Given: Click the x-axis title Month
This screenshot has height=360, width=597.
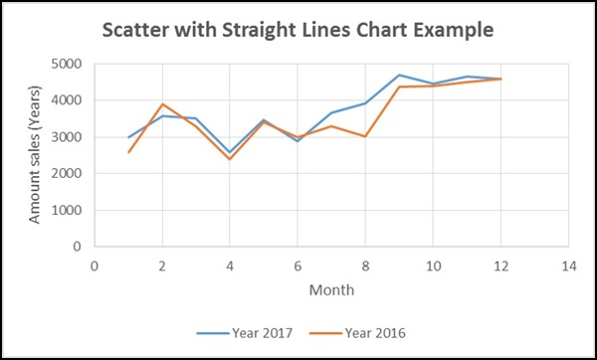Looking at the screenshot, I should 330,289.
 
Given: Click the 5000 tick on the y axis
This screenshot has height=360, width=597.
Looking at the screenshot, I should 69,64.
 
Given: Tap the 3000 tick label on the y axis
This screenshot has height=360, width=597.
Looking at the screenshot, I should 69,137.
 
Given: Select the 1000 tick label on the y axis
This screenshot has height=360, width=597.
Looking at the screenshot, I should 69,210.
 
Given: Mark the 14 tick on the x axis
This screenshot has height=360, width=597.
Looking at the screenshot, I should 568,265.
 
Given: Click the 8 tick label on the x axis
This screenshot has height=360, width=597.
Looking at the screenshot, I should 365,265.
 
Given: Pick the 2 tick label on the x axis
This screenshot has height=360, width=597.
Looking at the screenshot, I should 162,265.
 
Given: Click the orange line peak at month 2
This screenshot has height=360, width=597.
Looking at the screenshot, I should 162,104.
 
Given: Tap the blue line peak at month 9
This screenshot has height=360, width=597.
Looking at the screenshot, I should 399,75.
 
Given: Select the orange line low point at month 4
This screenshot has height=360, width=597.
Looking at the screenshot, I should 230,159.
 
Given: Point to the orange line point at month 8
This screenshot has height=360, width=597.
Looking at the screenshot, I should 365,136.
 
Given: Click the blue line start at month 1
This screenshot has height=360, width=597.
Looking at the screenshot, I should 128,137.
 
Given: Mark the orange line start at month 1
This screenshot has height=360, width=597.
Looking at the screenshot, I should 128,152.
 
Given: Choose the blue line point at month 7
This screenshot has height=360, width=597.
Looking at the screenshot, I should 331,113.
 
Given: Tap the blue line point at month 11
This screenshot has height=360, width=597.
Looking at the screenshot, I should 467,77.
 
